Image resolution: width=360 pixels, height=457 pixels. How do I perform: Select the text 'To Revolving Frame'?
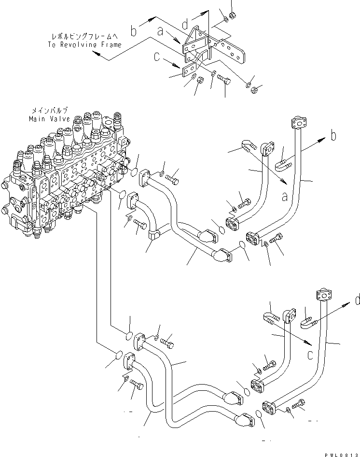point(84,44)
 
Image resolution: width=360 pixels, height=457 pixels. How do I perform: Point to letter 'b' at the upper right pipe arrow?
point(333,137)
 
